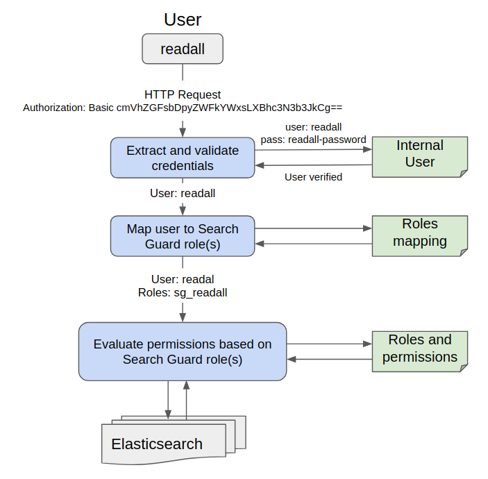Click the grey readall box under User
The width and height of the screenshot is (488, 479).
[183, 49]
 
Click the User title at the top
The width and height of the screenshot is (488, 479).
[183, 19]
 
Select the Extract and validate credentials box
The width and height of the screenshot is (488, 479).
[183, 158]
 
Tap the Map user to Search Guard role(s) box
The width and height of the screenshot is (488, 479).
[183, 236]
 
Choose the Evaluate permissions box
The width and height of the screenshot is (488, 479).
[183, 351]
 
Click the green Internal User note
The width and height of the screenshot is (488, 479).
[420, 154]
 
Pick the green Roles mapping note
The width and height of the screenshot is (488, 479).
[420, 233]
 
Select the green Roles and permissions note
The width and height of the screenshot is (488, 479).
[420, 348]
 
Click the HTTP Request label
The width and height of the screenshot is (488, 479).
[183, 94]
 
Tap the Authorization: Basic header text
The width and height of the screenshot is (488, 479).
[183, 108]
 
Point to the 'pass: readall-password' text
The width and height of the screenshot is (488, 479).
[313, 140]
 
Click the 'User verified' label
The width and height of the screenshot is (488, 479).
[313, 177]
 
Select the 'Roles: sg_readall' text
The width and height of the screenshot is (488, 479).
[183, 292]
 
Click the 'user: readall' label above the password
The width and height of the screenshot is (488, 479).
[313, 128]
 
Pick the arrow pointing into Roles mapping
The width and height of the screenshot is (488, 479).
[312, 228]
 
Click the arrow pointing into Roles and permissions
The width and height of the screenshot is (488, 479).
[329, 344]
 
